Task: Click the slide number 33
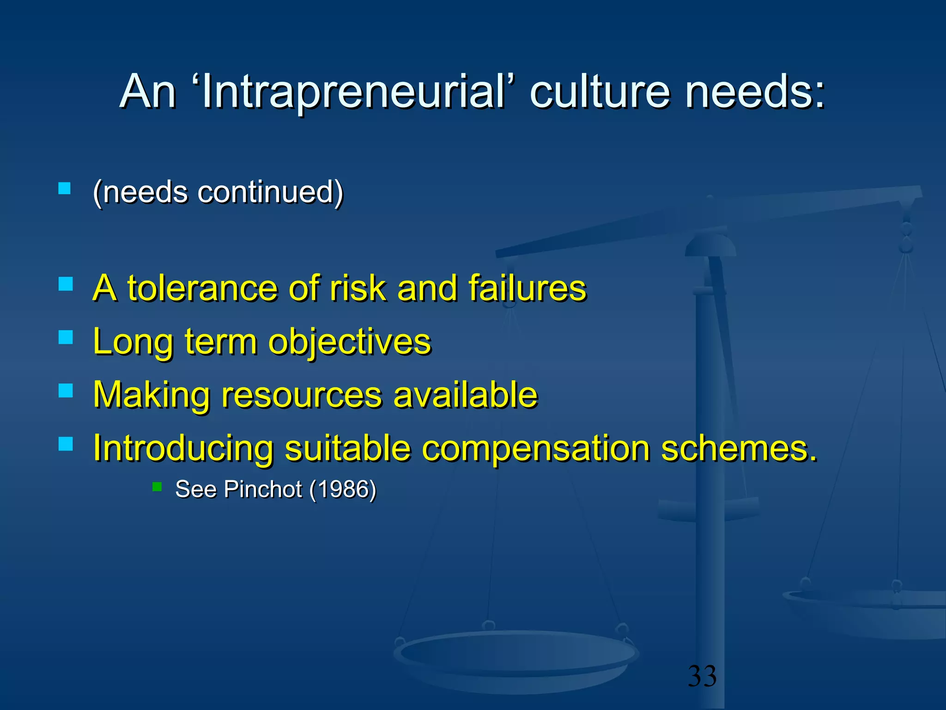click(x=702, y=676)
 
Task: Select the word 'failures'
click(x=527, y=288)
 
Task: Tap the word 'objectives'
click(x=350, y=342)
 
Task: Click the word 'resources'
click(x=302, y=395)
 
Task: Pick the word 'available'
click(x=466, y=395)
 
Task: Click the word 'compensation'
click(x=536, y=448)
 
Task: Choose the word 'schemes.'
click(x=739, y=448)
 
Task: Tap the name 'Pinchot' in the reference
click(x=262, y=489)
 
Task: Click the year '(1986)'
click(x=343, y=489)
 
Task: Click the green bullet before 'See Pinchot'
click(x=157, y=487)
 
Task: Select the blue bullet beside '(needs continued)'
click(x=65, y=188)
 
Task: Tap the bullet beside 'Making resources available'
click(x=66, y=391)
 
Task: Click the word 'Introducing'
click(x=183, y=448)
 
